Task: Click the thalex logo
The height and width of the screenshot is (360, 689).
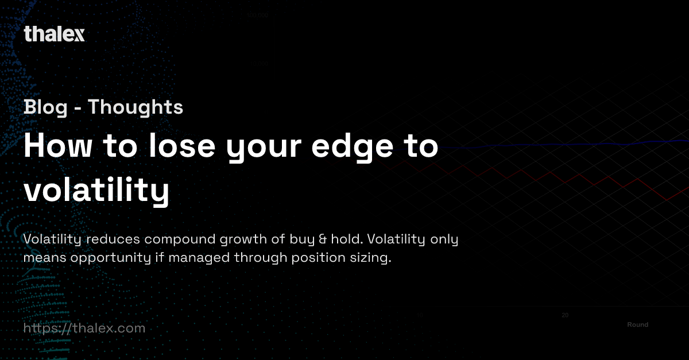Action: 54,34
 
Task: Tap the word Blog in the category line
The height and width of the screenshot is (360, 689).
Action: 45,107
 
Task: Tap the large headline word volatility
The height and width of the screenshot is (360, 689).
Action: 96,191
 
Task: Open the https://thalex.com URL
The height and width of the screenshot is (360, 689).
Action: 84,328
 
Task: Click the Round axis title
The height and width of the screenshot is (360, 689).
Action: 637,325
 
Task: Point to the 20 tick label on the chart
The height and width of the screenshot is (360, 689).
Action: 565,315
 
